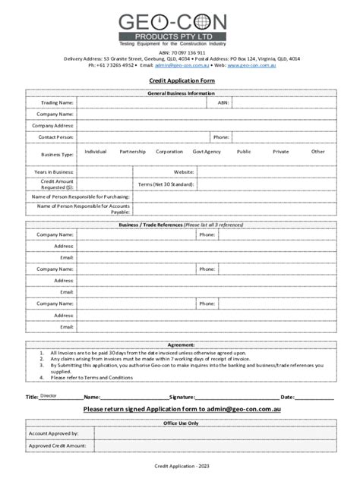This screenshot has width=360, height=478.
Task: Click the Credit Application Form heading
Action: [x=181, y=80]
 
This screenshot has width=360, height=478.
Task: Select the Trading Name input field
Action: [x=141, y=102]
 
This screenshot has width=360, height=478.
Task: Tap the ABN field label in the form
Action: [x=223, y=102]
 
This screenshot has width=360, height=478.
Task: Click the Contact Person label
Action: [x=55, y=137]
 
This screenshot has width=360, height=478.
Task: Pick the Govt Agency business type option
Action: [x=207, y=152]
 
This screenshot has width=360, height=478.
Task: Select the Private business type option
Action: [x=281, y=152]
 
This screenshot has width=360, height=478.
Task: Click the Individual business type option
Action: [x=96, y=152]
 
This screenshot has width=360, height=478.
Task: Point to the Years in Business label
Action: [x=54, y=172]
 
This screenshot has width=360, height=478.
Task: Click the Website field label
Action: [x=184, y=172]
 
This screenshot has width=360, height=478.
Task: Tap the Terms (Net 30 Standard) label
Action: [x=166, y=184]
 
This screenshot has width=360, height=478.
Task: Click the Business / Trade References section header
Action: [x=181, y=225]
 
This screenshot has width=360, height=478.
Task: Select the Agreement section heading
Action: [x=181, y=344]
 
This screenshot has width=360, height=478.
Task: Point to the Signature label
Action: [x=183, y=397]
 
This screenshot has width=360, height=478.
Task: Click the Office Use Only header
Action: [x=181, y=423]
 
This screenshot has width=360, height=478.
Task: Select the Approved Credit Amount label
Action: [x=58, y=446]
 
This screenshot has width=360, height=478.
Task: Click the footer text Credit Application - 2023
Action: [x=181, y=464]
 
